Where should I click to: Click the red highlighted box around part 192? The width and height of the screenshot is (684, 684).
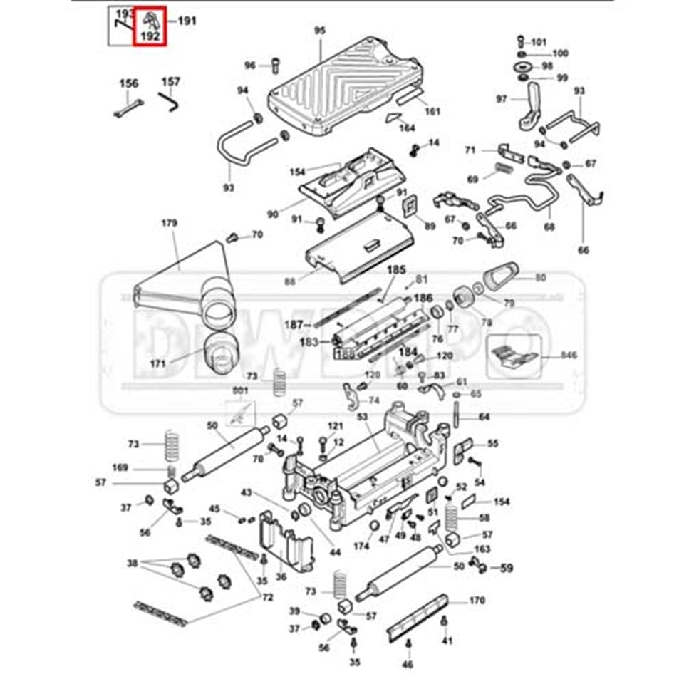click(150, 26)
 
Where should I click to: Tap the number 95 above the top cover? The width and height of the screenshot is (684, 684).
click(319, 30)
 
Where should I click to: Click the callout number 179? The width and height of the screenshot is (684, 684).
click(168, 224)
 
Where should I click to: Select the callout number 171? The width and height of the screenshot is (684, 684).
click(158, 363)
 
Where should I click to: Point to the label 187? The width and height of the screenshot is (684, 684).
click(294, 324)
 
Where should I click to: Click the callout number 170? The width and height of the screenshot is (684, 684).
click(477, 600)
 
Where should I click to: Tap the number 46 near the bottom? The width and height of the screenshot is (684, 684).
click(407, 664)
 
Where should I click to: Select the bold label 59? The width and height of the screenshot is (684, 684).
click(507, 568)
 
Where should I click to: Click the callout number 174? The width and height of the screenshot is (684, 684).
click(361, 546)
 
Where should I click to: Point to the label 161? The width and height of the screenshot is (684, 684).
click(432, 111)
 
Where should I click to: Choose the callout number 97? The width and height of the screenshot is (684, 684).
click(502, 99)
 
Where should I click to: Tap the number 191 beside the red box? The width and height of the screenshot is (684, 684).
click(187, 21)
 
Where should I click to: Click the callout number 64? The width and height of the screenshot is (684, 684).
click(484, 416)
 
